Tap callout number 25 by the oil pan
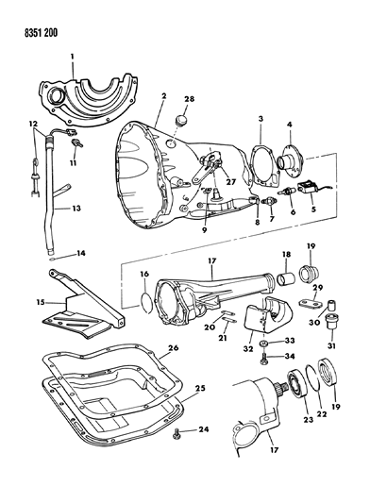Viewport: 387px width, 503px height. coord(199,389)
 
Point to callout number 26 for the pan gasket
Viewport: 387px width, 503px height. coord(199,349)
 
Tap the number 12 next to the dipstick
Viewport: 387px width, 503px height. coord(33,124)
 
